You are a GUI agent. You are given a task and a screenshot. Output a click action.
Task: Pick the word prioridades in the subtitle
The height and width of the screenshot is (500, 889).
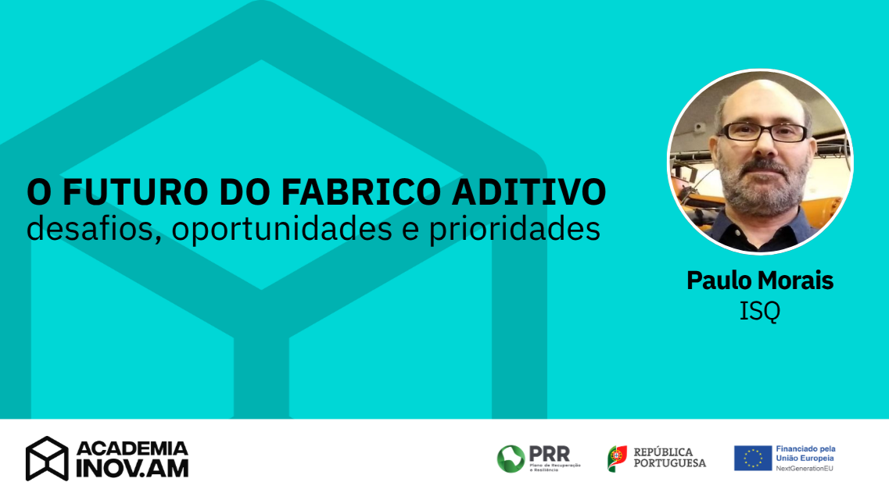click(x=514, y=229)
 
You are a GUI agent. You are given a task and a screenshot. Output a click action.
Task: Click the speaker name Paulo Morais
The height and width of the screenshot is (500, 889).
click(x=760, y=280)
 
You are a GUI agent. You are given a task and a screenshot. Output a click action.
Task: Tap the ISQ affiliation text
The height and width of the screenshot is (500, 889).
click(x=760, y=311)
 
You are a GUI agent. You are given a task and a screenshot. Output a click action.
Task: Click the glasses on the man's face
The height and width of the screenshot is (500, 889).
click(x=762, y=132)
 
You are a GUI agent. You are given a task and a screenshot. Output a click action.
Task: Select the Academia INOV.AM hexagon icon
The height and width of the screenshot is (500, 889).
click(x=47, y=459)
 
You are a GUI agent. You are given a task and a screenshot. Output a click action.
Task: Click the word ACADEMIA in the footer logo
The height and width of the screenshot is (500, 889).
click(x=132, y=448)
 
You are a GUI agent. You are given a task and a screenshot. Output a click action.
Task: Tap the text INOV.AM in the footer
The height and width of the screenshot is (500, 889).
click(x=132, y=469)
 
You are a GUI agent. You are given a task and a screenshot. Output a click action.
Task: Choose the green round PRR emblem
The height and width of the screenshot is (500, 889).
click(x=511, y=459)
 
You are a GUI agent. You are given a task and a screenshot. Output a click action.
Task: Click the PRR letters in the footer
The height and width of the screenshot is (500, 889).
click(x=550, y=452)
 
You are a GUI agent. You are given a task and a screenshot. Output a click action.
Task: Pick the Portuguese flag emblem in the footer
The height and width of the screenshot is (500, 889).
click(x=617, y=459)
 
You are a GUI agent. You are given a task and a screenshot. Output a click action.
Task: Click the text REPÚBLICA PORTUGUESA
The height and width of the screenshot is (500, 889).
click(x=669, y=458)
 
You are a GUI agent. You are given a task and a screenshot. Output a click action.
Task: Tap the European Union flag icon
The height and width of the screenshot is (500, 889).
click(x=752, y=459)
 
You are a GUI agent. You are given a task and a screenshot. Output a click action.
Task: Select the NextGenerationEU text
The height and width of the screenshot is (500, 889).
click(x=805, y=468)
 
